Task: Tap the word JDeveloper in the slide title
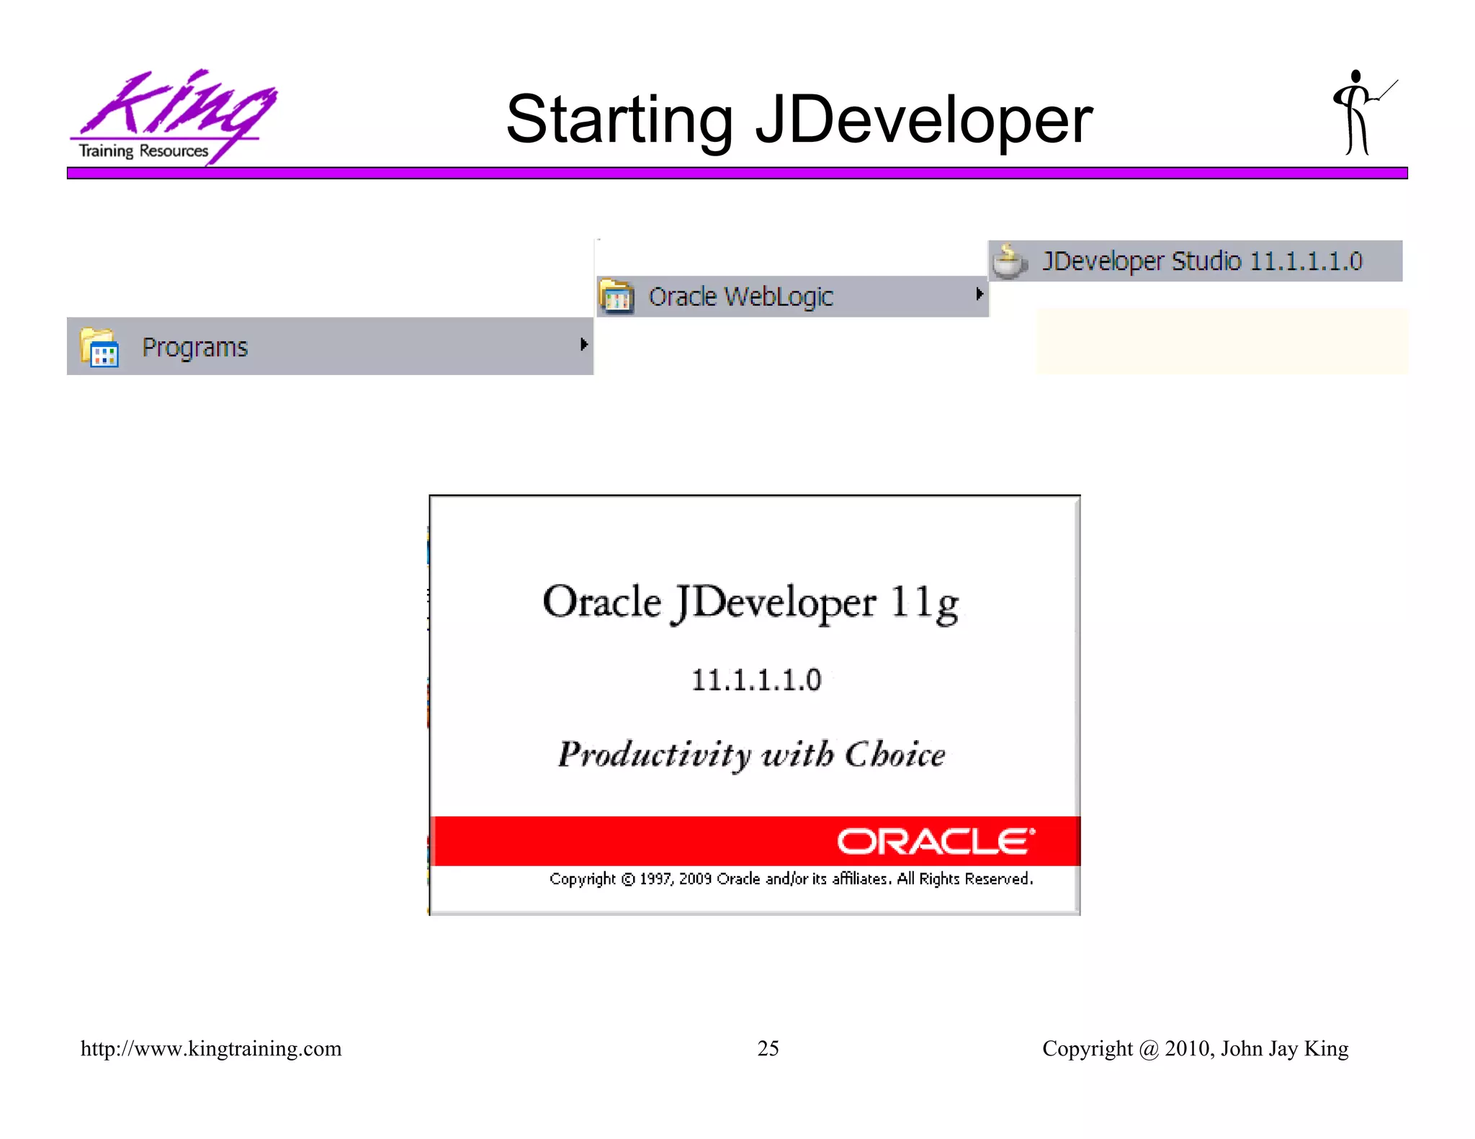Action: (923, 120)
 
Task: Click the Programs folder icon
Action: (99, 347)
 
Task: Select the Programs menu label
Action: (194, 348)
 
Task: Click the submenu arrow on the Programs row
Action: (584, 345)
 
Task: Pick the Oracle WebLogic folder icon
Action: (617, 296)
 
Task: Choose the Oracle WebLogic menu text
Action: (740, 297)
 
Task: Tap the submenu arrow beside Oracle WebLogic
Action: (979, 294)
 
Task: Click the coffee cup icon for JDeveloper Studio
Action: (1009, 261)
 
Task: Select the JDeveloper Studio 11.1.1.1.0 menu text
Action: (1202, 261)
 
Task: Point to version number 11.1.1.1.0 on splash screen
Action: (756, 680)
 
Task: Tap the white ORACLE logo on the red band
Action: (936, 842)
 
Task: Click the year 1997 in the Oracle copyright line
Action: (655, 879)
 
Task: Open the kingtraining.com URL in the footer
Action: (211, 1048)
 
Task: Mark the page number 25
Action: (768, 1048)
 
